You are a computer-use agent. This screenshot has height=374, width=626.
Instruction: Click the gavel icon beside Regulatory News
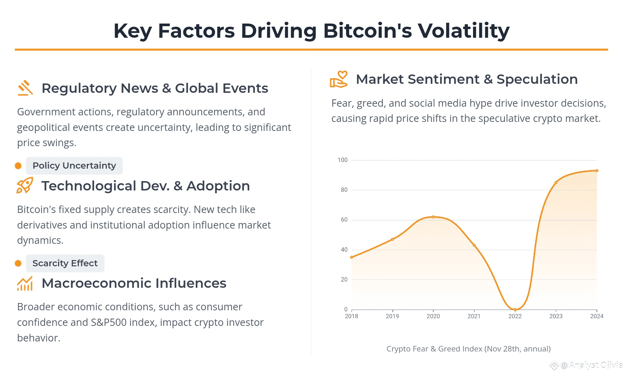(25, 88)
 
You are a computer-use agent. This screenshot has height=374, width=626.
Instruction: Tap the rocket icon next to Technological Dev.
(25, 186)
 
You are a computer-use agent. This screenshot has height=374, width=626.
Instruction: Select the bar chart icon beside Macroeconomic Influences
(25, 283)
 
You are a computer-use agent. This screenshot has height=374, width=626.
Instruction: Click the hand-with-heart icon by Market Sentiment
(338, 79)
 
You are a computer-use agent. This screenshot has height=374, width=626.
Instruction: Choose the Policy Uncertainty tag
(74, 166)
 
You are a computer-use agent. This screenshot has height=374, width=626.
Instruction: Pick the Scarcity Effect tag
(65, 263)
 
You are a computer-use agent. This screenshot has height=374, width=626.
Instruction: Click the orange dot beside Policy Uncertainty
(18, 166)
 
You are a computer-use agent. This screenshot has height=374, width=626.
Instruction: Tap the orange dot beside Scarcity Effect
(18, 264)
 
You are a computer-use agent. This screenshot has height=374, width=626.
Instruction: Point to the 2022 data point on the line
(515, 310)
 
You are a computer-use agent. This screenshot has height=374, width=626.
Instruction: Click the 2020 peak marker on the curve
(433, 217)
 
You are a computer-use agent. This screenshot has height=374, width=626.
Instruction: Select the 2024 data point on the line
(597, 171)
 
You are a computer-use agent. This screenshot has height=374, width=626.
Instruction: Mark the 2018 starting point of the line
(352, 257)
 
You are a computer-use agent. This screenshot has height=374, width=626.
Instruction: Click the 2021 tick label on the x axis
(474, 316)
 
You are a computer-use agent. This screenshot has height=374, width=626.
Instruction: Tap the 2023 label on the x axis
(556, 316)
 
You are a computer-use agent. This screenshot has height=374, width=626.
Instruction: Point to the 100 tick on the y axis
(343, 160)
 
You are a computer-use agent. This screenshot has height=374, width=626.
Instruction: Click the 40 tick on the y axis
(344, 250)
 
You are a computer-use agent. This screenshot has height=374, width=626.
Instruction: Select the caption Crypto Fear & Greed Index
(468, 349)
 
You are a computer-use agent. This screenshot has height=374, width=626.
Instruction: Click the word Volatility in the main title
(463, 30)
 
